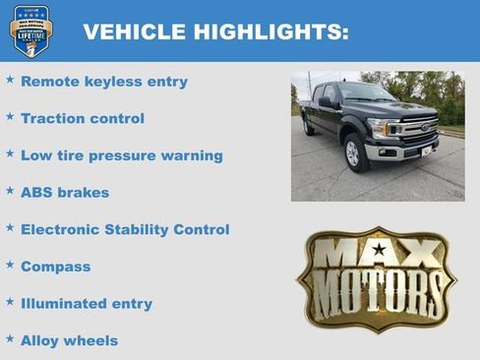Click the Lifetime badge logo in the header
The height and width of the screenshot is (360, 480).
click(x=30, y=30)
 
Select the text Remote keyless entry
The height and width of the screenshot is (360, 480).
click(x=103, y=82)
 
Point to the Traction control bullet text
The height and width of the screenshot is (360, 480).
click(x=83, y=118)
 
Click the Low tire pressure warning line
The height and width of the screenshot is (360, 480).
click(x=122, y=155)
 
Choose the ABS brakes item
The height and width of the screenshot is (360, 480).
click(x=65, y=193)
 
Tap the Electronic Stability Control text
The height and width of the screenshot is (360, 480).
click(x=125, y=229)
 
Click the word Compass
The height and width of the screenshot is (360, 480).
click(x=55, y=267)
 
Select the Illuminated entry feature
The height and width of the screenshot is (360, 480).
click(x=87, y=304)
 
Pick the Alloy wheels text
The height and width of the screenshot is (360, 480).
click(x=69, y=340)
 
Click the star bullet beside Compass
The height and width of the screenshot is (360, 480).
click(x=10, y=265)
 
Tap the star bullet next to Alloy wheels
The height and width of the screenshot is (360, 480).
click(x=10, y=338)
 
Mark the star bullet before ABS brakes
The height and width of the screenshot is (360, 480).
click(x=10, y=191)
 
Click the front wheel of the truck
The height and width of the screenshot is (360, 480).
click(x=353, y=152)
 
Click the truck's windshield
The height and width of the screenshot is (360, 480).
click(x=367, y=93)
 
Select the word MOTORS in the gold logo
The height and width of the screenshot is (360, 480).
click(x=378, y=290)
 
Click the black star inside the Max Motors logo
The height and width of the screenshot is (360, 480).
click(x=379, y=250)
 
